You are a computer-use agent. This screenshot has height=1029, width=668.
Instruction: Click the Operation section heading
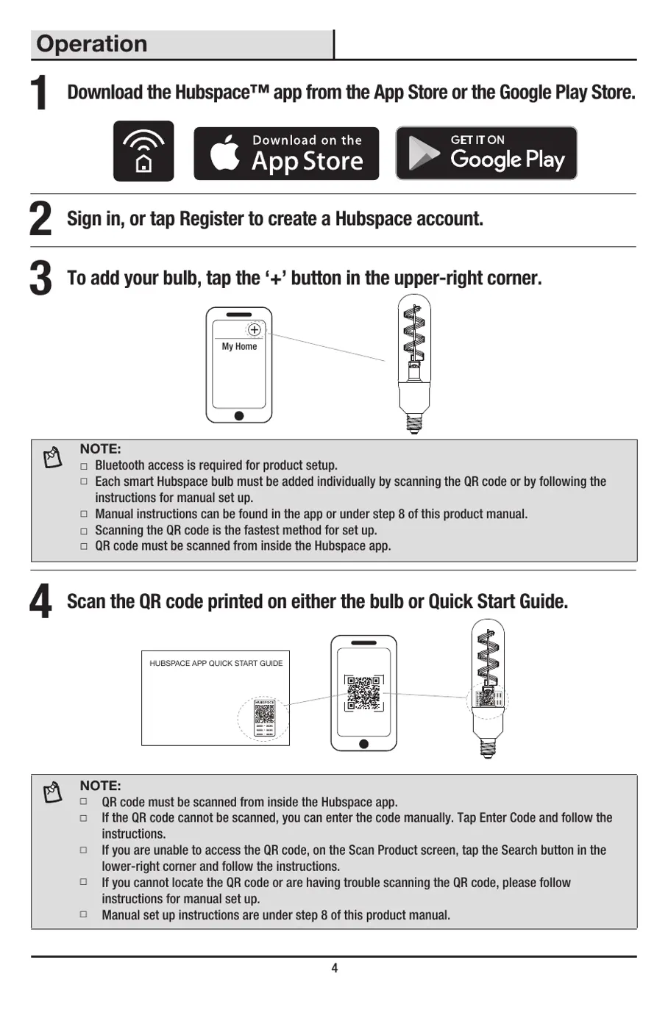[x=92, y=44]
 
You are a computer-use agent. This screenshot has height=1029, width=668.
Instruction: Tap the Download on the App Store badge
[x=286, y=154]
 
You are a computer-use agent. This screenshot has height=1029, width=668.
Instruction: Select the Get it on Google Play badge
[x=486, y=153]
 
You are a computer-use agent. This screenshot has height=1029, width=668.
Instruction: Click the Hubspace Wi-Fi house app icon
[x=143, y=151]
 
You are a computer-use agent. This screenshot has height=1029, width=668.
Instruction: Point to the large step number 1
[x=40, y=94]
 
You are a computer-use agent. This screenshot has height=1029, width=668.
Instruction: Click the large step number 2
[x=40, y=220]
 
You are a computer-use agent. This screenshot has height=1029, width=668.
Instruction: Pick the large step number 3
[x=40, y=279]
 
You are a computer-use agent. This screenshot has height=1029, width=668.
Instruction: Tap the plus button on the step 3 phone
[x=254, y=330]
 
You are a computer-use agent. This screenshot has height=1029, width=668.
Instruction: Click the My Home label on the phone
[x=239, y=346]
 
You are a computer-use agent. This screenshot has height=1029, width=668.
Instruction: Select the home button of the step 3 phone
[x=239, y=416]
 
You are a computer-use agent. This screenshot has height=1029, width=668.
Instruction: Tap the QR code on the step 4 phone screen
[x=363, y=692]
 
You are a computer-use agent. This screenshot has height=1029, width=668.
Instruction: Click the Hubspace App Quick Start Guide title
[x=216, y=663]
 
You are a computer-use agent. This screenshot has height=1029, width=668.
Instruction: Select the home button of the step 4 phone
[x=363, y=744]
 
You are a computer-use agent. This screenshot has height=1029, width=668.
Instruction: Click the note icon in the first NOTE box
[x=53, y=457]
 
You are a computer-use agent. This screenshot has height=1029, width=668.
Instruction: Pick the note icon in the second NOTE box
[x=53, y=792]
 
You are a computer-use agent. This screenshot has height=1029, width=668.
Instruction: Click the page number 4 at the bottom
[x=334, y=968]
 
